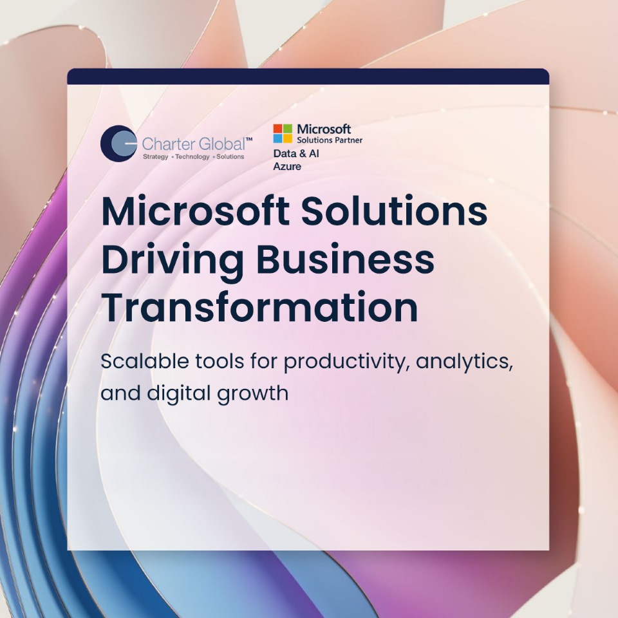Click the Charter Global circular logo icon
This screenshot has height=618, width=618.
coord(118,144)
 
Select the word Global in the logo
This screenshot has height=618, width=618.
coord(222,144)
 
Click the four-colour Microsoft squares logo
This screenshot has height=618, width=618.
coord(283,133)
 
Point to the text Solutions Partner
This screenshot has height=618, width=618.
coord(330,140)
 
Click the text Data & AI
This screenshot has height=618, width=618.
coord(296,153)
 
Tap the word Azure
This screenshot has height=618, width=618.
coord(287,166)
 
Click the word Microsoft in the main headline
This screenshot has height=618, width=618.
coord(196,211)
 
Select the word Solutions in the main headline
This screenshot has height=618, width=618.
coord(394,211)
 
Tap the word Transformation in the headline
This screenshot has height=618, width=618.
coord(259,308)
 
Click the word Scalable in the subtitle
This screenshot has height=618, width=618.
coord(145,360)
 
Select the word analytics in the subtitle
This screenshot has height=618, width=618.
coord(465,362)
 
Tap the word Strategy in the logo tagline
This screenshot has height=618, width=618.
coord(155,156)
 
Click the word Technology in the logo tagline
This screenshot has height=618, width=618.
coord(192,156)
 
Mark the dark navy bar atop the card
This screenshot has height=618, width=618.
coord(308,77)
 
